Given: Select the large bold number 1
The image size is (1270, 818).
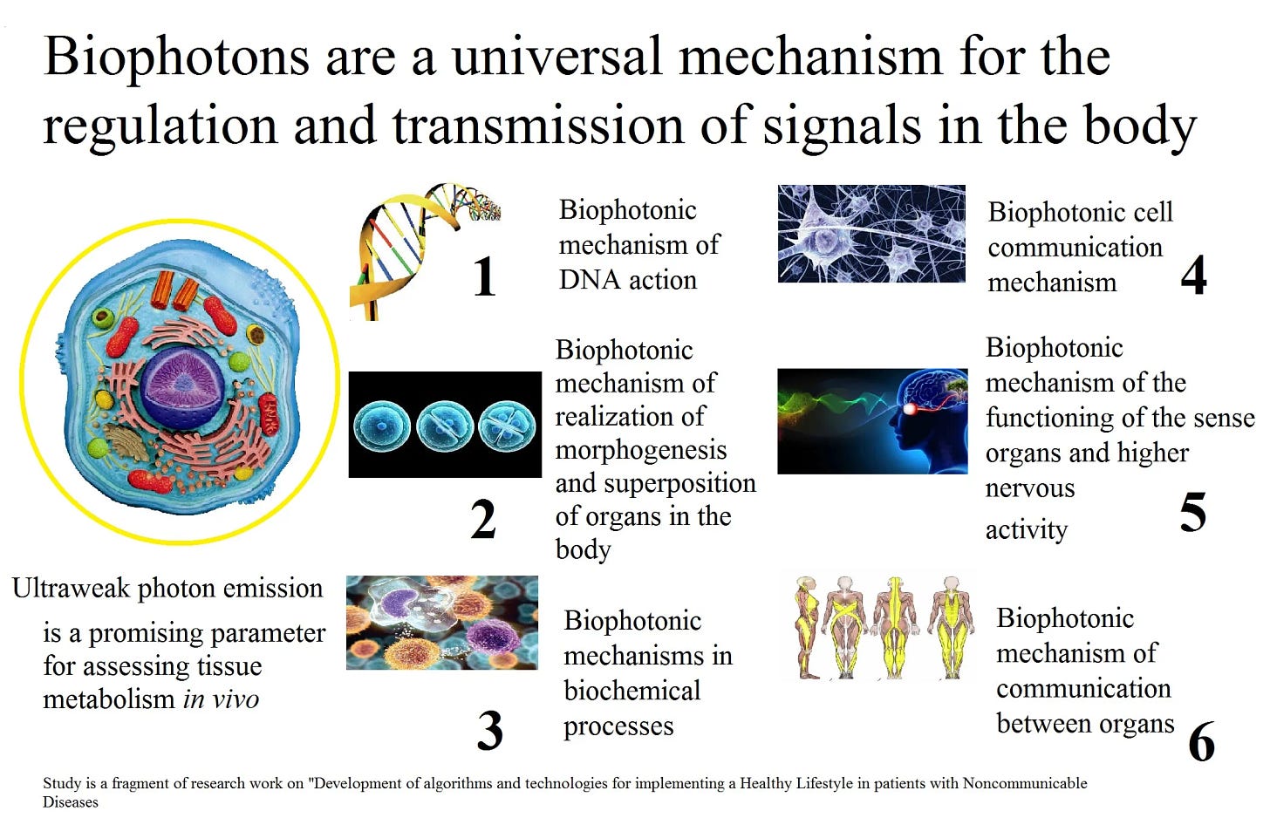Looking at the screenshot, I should point(484,277).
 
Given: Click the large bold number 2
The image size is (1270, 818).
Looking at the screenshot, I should point(483,520).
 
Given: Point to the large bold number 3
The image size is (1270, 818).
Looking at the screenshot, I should point(489,730).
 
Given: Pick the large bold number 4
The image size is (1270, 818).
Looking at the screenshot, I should point(1193,276).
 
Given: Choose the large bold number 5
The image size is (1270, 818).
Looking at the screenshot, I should point(1192,512).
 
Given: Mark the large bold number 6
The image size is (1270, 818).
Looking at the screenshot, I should point(1201,742).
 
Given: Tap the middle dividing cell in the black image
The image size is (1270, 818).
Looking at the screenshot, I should point(445,426).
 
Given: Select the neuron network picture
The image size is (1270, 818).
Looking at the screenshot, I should point(871,234).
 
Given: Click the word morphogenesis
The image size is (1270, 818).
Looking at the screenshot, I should point(641,450).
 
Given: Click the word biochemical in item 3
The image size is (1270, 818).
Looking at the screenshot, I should point(632,691).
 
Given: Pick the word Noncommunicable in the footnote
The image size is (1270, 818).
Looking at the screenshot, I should point(1024,783).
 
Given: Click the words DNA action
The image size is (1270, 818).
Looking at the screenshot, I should point(627,280).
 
